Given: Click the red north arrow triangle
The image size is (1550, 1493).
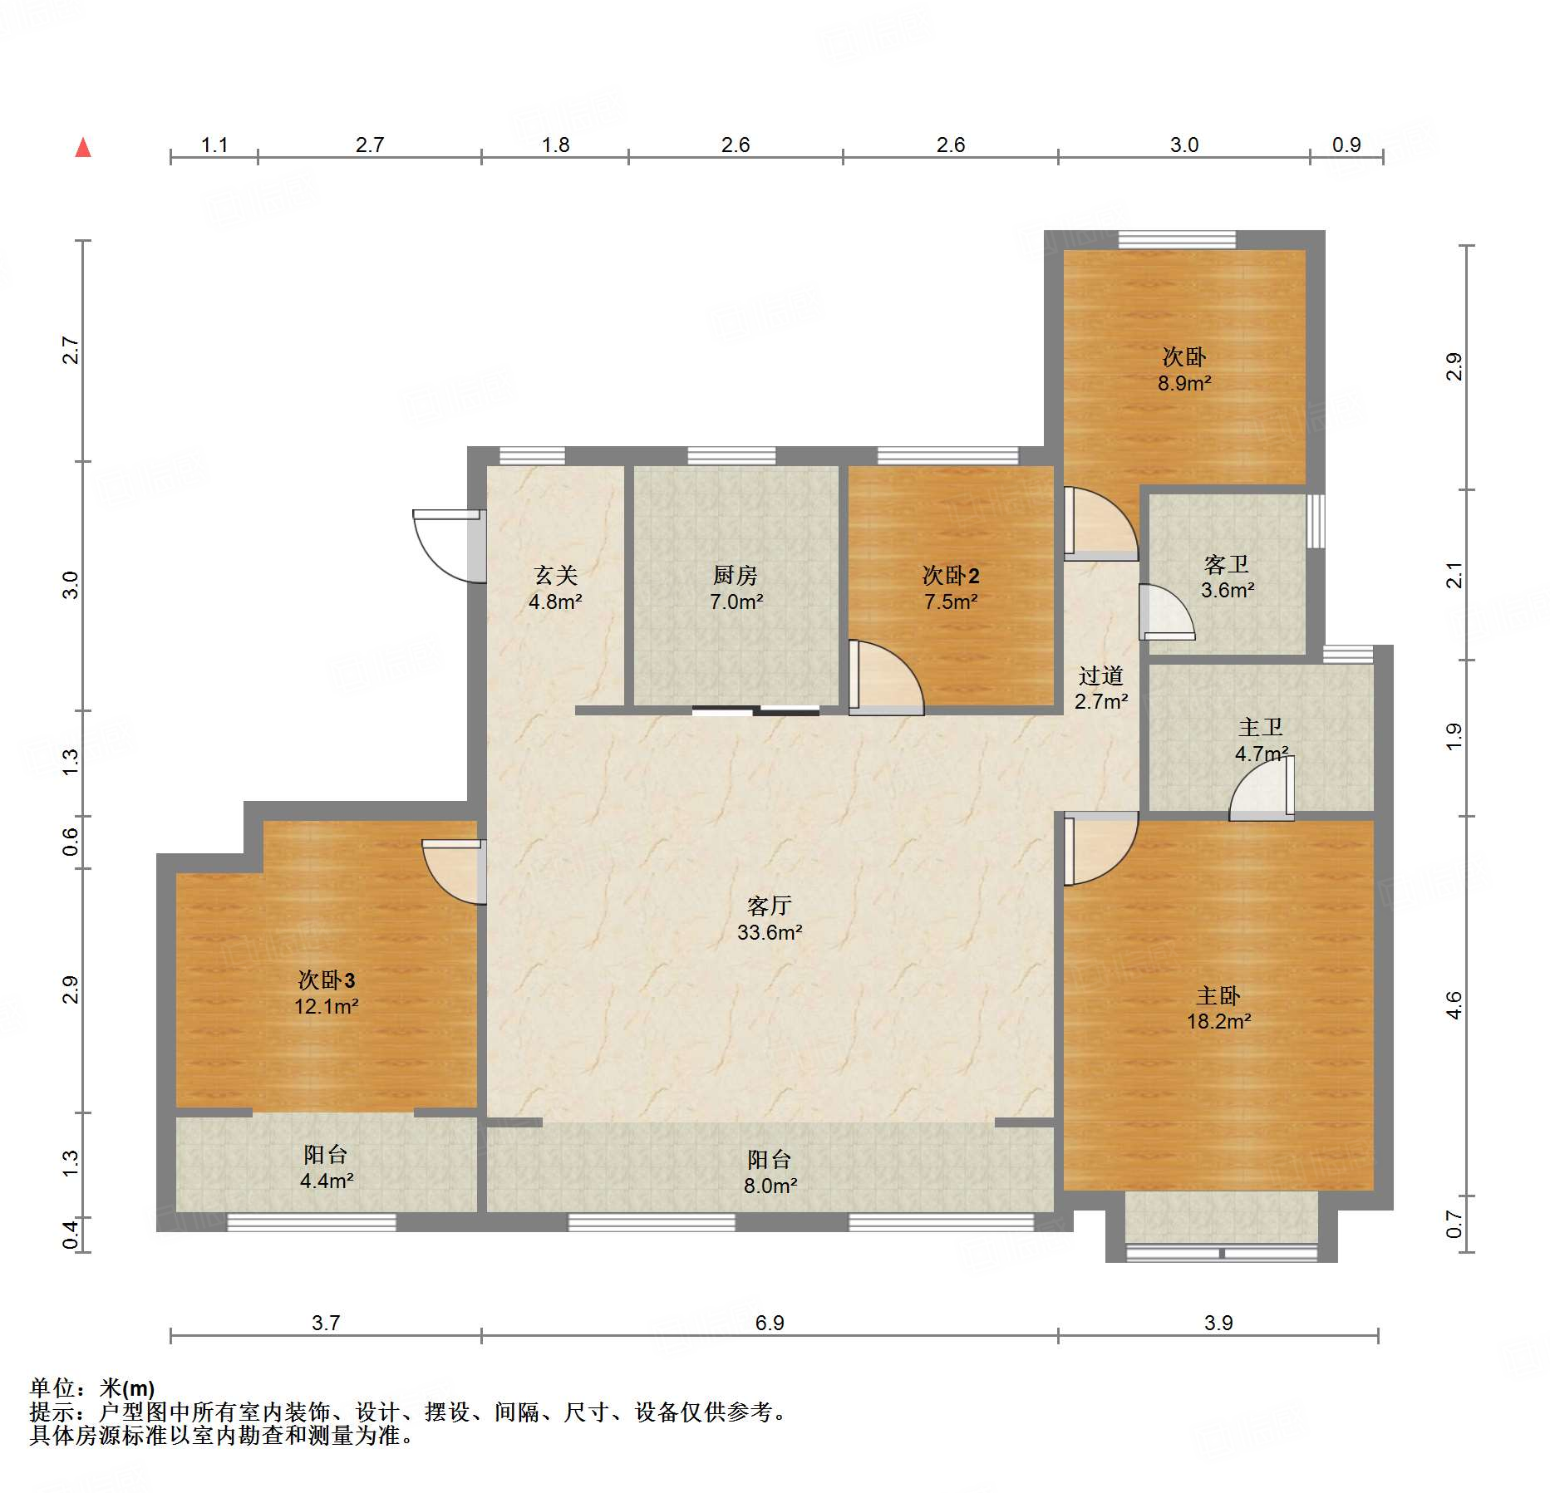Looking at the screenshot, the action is [x=83, y=148].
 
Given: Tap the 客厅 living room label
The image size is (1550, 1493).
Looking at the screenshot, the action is [x=769, y=906].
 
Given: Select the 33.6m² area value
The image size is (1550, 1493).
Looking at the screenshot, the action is [x=770, y=932].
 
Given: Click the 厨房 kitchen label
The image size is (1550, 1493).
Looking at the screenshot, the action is [x=736, y=575].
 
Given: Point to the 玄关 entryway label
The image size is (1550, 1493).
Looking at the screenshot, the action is [x=555, y=575].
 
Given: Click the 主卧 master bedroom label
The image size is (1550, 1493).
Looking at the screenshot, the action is [x=1218, y=995].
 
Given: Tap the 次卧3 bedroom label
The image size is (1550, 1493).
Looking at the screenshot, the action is [x=326, y=980].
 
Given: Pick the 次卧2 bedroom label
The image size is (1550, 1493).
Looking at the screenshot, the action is [x=951, y=575].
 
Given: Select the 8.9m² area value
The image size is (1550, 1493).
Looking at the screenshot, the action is [x=1184, y=383].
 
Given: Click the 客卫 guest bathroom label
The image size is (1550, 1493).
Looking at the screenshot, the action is [x=1227, y=565].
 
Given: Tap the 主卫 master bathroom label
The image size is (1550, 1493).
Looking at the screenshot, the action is [x=1261, y=728].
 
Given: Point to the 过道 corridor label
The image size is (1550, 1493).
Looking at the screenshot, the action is [x=1101, y=675].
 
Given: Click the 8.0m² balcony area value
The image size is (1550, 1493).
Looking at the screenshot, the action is [x=770, y=1186].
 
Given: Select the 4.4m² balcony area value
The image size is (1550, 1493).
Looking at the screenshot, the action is [x=327, y=1181].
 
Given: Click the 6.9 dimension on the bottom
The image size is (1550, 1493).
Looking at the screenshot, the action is [x=770, y=1322].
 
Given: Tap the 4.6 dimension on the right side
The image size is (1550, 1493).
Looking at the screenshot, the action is [x=1454, y=1005].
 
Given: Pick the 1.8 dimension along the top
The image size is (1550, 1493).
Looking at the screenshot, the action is [x=555, y=145].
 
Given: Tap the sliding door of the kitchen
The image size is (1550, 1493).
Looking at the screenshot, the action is [x=755, y=710].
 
